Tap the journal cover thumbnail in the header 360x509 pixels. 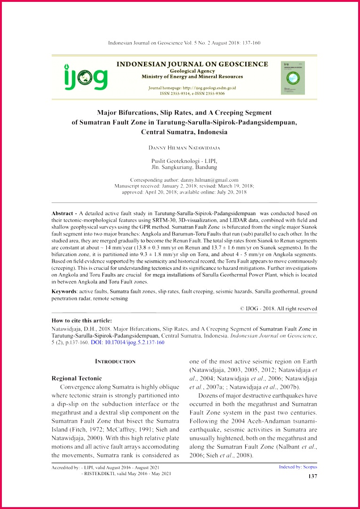pos(293,78)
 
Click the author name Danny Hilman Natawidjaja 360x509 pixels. pos(184,148)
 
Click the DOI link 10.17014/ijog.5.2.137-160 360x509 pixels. pos(128,342)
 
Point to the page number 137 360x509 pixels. pos(312,477)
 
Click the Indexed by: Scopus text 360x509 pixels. pos(298,467)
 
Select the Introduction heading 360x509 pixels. pos(115,362)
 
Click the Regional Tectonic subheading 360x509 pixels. pos(76,378)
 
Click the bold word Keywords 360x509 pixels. pos(64,292)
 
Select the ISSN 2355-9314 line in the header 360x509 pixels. pos(192,93)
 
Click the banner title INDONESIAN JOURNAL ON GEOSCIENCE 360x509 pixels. pos(192,64)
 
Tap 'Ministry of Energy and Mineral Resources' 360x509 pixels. pos(192,76)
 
